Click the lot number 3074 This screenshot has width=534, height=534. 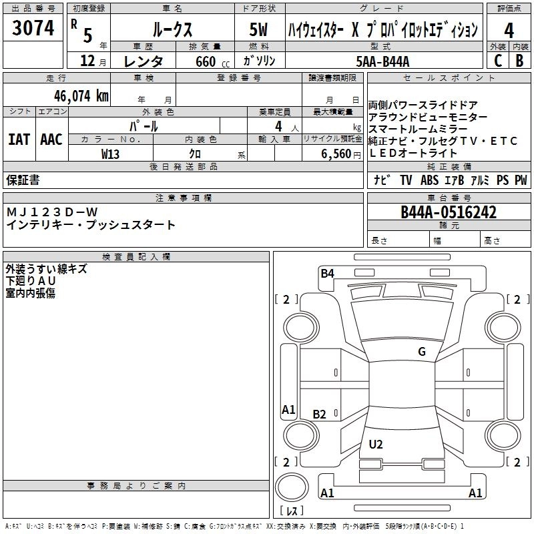(x=33, y=28)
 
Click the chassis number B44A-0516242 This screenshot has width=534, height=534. (x=449, y=212)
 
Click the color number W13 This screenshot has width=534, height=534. (x=110, y=154)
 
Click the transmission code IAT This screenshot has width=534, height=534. (x=18, y=140)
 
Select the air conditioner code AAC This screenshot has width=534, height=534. (x=51, y=140)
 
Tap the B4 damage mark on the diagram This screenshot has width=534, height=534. (x=327, y=272)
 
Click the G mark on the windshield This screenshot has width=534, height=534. (x=421, y=352)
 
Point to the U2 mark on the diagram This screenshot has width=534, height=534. (x=376, y=444)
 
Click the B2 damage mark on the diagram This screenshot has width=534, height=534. (x=320, y=415)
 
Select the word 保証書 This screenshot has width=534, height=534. (x=23, y=180)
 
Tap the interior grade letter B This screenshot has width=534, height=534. (x=519, y=61)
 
